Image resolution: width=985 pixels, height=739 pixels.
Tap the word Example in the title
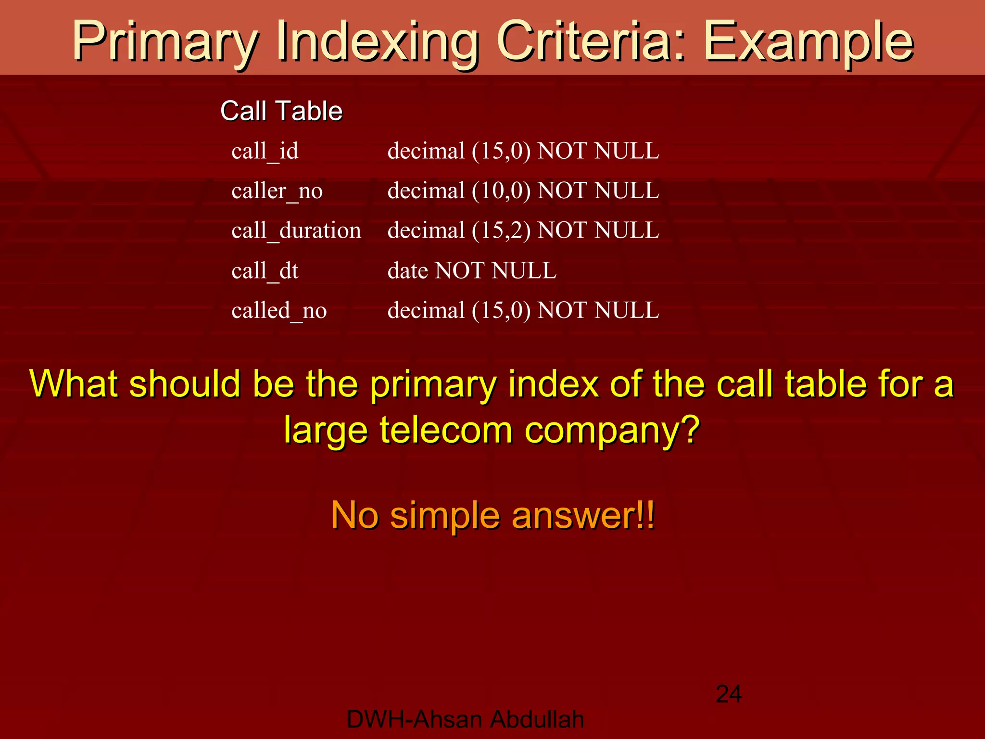pyautogui.click(x=808, y=42)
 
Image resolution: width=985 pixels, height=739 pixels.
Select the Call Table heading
pyautogui.click(x=281, y=111)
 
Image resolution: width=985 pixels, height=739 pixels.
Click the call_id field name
pyautogui.click(x=265, y=152)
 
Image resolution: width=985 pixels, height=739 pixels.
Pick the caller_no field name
pyautogui.click(x=277, y=191)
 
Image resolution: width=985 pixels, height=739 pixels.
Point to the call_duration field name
pyautogui.click(x=296, y=231)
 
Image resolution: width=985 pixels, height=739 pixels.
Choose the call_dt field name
pyautogui.click(x=265, y=271)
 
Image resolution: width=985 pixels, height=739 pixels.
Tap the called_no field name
pyautogui.click(x=279, y=311)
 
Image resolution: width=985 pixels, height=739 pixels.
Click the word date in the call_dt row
pyautogui.click(x=407, y=271)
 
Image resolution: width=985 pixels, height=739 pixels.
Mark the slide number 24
pyautogui.click(x=729, y=694)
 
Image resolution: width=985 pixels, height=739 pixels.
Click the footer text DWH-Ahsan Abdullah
pyautogui.click(x=465, y=720)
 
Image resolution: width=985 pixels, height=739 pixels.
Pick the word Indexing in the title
pyautogui.click(x=378, y=42)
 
